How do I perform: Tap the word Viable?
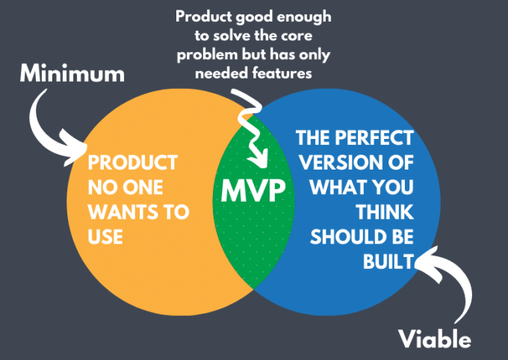pyautogui.click(x=433, y=339)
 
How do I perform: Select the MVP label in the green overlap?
pyautogui.click(x=254, y=190)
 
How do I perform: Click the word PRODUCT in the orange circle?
pyautogui.click(x=132, y=162)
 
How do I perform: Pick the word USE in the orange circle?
pyautogui.click(x=105, y=236)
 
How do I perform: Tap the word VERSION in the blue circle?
pyautogui.click(x=342, y=164)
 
